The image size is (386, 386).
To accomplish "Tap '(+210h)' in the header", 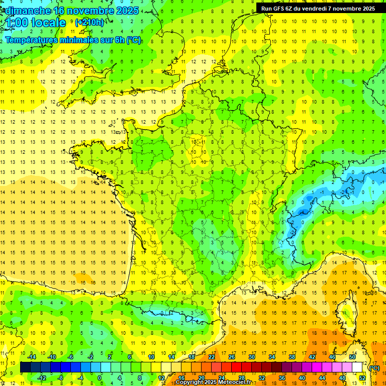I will pyautogui.click(x=89, y=22).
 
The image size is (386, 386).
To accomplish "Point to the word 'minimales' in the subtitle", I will pyautogui.click(x=82, y=40).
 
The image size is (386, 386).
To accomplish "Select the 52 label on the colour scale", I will pyautogui.click(x=362, y=377).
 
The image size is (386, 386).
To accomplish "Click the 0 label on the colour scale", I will pyautogui.click(x=99, y=377).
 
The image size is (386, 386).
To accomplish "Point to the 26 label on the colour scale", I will pyautogui.click(x=232, y=357).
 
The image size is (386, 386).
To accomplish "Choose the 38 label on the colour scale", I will pyautogui.click(x=292, y=357).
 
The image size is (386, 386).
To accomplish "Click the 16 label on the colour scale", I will pyautogui.click(x=181, y=377).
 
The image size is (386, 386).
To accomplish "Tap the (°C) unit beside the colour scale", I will pyautogui.click(x=374, y=368).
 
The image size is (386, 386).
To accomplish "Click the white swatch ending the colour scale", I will pyautogui.click(x=357, y=367).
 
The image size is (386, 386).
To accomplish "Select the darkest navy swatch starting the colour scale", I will pyautogui.click(x=25, y=367).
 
